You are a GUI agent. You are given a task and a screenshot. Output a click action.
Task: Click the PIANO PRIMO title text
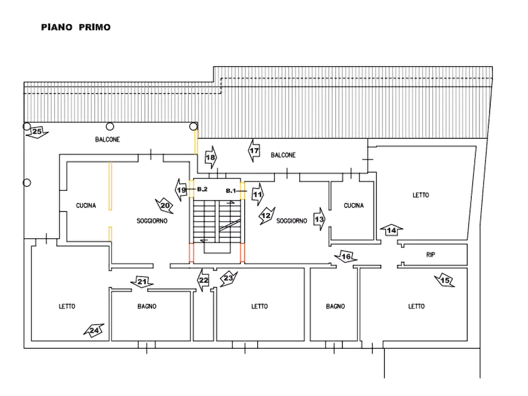(x=75, y=27)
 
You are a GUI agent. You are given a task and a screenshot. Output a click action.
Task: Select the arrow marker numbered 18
(x=211, y=157)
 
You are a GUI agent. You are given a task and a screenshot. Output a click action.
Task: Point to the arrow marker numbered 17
(x=254, y=152)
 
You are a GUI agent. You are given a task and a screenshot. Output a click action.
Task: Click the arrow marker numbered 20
(x=165, y=205)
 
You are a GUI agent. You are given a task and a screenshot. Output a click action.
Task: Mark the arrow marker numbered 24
(x=95, y=330)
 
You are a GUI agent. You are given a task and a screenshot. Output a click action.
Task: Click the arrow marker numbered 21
(x=141, y=282)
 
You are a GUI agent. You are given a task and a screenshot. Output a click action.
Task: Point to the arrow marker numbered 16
(x=346, y=256)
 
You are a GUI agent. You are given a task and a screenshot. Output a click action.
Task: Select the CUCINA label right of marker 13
(x=355, y=206)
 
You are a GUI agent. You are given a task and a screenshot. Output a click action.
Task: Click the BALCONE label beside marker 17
(x=283, y=155)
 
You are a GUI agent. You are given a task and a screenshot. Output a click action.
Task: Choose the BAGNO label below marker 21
(x=146, y=307)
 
